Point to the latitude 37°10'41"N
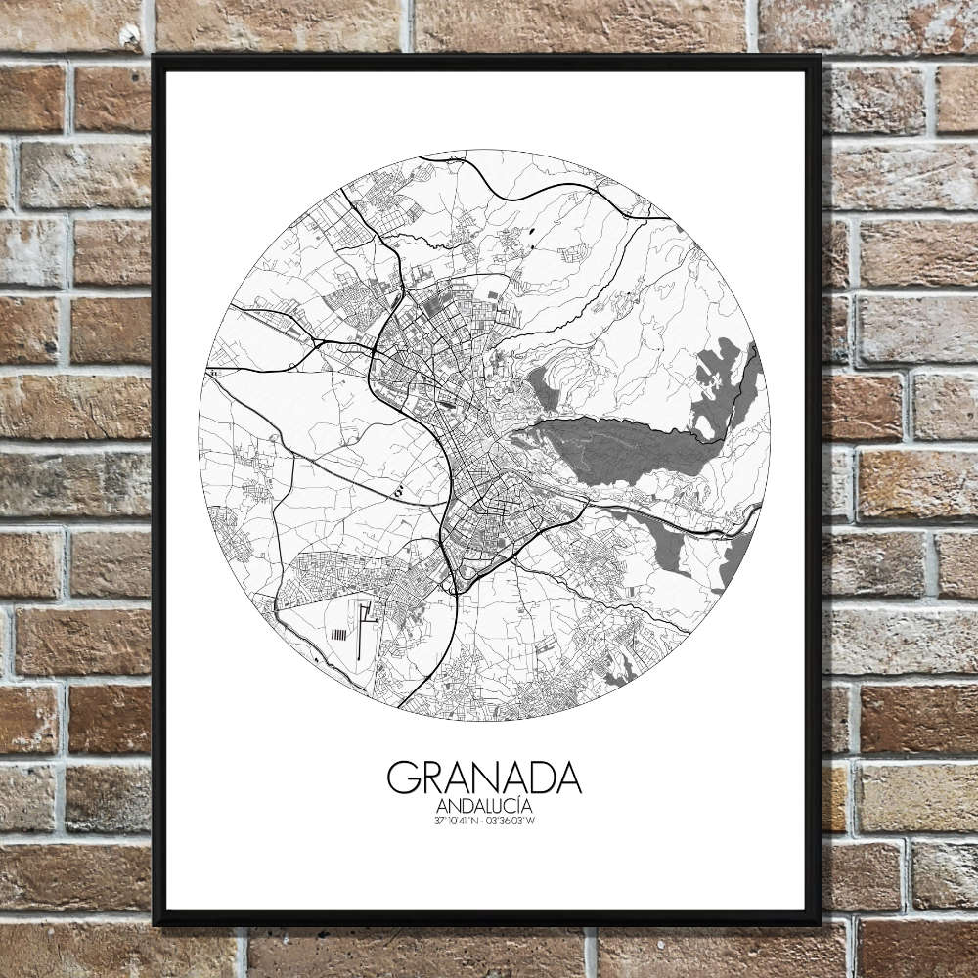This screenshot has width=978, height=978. (457, 820)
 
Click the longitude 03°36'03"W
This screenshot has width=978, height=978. (514, 820)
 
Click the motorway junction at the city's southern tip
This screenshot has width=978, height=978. (455, 585)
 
